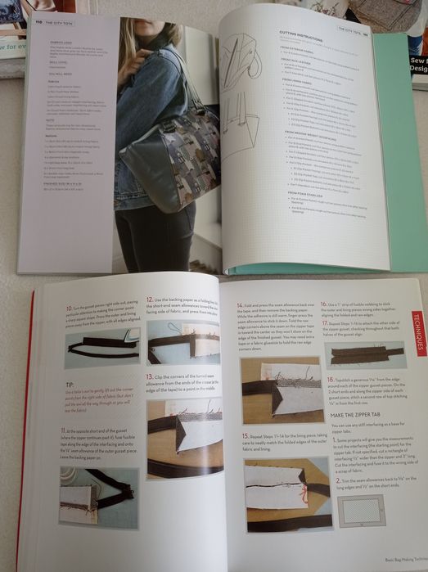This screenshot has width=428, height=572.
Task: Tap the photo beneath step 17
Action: click(365, 353)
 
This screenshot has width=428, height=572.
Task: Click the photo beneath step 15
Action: click(276, 503)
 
